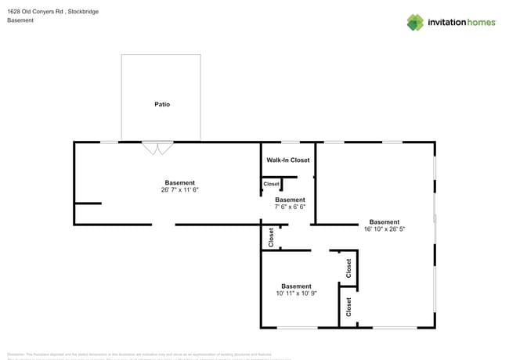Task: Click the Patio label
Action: (161, 104)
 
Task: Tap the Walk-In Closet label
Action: (288, 160)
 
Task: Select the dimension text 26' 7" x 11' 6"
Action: (179, 189)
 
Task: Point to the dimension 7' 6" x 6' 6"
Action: (290, 207)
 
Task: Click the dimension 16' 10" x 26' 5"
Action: (384, 229)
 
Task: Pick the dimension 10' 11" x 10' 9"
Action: (296, 293)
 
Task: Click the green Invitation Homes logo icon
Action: (415, 22)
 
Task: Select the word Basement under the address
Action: (20, 20)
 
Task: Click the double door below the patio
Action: (157, 147)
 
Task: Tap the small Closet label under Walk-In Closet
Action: (271, 184)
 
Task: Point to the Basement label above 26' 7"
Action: (179, 182)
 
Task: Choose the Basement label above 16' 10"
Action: (384, 222)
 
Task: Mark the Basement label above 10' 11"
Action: (296, 286)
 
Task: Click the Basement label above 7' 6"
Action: (290, 200)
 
